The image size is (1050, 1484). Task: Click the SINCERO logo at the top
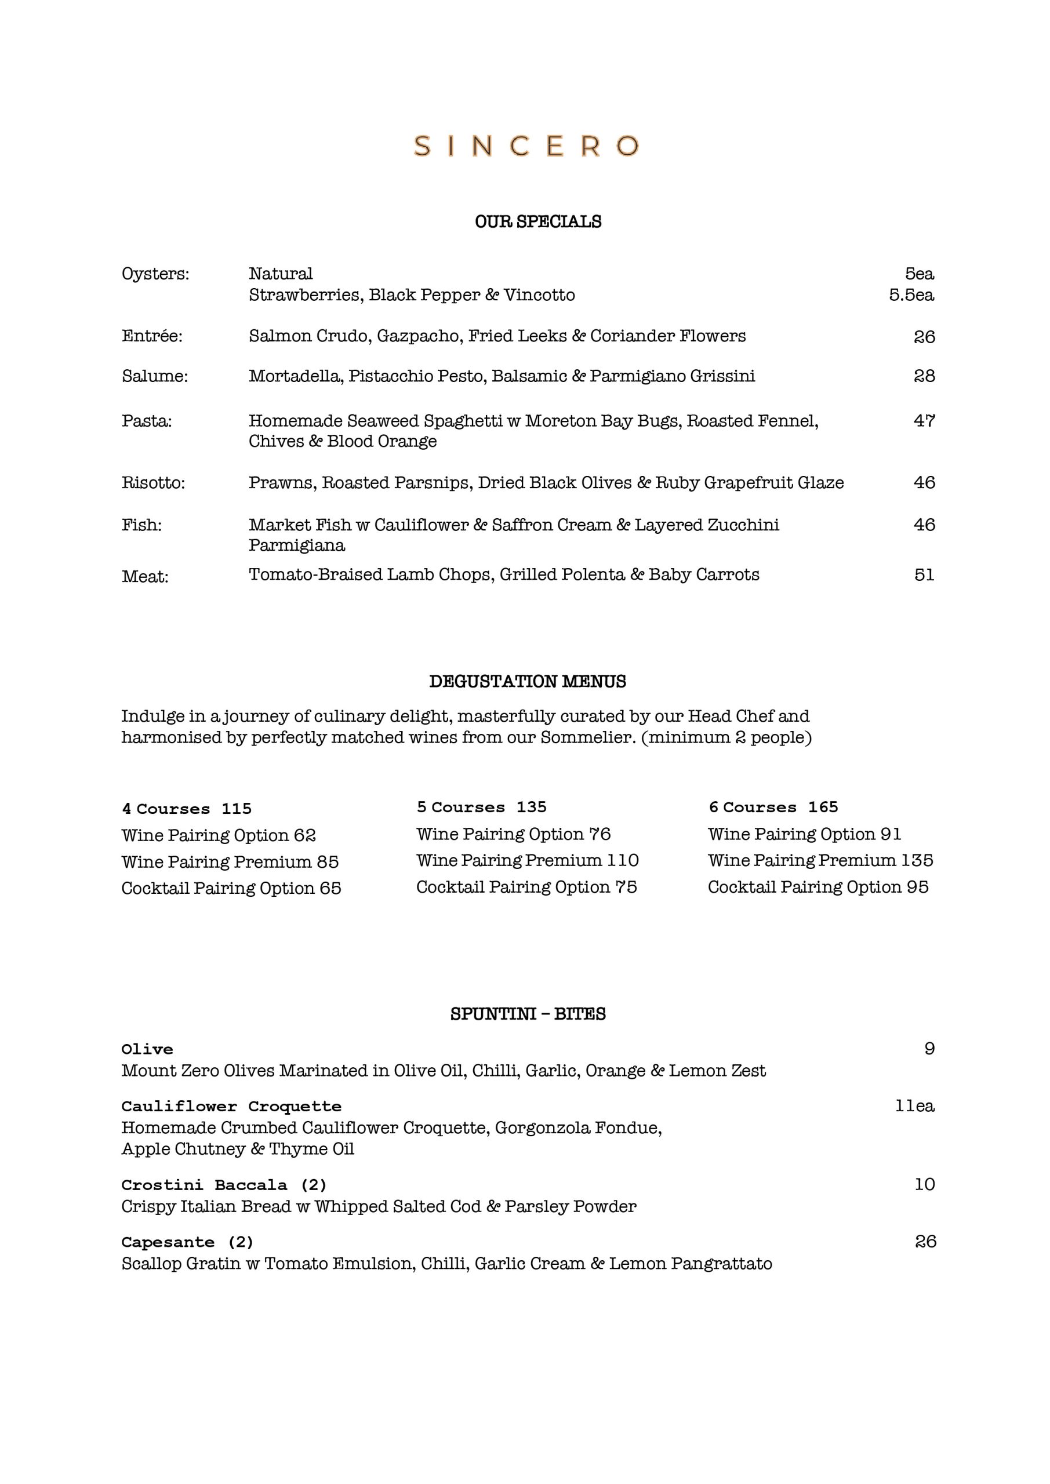click(x=526, y=146)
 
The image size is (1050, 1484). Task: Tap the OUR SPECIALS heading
click(x=538, y=221)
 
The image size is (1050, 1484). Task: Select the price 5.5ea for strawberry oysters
click(x=911, y=296)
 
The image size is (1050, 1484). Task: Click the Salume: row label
click(x=155, y=376)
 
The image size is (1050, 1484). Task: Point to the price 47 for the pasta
click(x=924, y=421)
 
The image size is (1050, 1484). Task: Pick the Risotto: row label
click(x=153, y=483)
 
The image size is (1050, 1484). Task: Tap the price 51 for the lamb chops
click(x=924, y=574)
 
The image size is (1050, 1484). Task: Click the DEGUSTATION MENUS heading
click(x=528, y=681)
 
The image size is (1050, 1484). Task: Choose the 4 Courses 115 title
click(x=187, y=809)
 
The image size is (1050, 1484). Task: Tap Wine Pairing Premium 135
click(x=820, y=860)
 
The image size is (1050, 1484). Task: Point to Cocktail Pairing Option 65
click(x=231, y=888)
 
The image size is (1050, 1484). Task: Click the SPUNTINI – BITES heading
click(x=528, y=1013)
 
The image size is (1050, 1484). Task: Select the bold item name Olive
click(x=147, y=1049)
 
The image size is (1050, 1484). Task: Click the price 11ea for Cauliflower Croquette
click(x=914, y=1106)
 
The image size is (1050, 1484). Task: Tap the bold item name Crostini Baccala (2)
click(x=224, y=1185)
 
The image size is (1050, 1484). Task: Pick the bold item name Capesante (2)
click(x=187, y=1242)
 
